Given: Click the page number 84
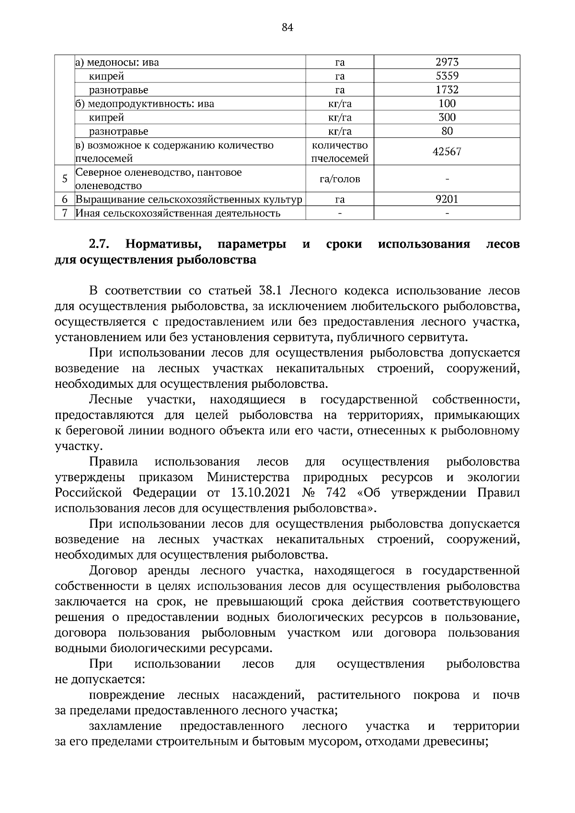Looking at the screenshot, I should (x=287, y=27).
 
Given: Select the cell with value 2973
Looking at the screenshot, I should (x=447, y=62).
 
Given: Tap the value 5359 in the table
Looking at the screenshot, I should (x=447, y=76).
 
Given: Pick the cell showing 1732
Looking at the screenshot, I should (x=447, y=90).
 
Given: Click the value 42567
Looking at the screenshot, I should (x=447, y=152).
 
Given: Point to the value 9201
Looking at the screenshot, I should (x=447, y=199).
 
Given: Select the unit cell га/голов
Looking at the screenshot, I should (x=339, y=179).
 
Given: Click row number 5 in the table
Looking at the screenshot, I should (x=65, y=179).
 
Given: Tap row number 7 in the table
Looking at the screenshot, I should (x=65, y=213).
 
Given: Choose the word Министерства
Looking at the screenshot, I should (x=248, y=477).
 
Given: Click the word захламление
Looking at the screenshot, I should (x=125, y=726).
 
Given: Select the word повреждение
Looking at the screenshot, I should (x=127, y=695).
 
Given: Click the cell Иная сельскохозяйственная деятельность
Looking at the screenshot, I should (x=178, y=213).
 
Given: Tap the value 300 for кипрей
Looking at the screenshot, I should (x=447, y=117).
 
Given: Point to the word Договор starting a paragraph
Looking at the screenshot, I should (x=113, y=571).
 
